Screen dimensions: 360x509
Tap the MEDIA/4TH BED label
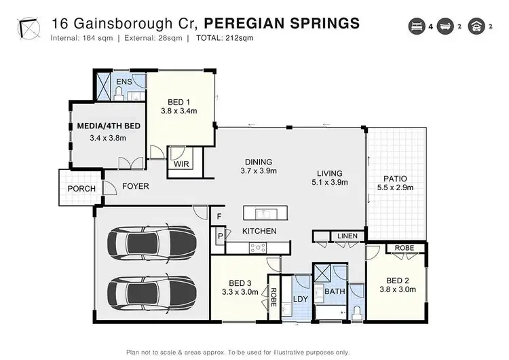tap(108, 126)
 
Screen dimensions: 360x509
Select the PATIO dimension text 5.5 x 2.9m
tap(394, 187)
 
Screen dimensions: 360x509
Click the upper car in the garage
tap(153, 240)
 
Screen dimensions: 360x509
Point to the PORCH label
tap(80, 188)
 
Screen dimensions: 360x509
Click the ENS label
tap(124, 82)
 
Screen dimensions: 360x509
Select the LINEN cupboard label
tap(347, 236)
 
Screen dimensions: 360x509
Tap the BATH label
tap(335, 291)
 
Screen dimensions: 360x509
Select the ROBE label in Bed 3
tap(274, 296)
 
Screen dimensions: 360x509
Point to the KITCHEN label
tap(260, 232)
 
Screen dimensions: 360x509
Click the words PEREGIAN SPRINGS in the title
tap(282, 24)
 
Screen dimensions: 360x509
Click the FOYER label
tap(136, 186)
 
